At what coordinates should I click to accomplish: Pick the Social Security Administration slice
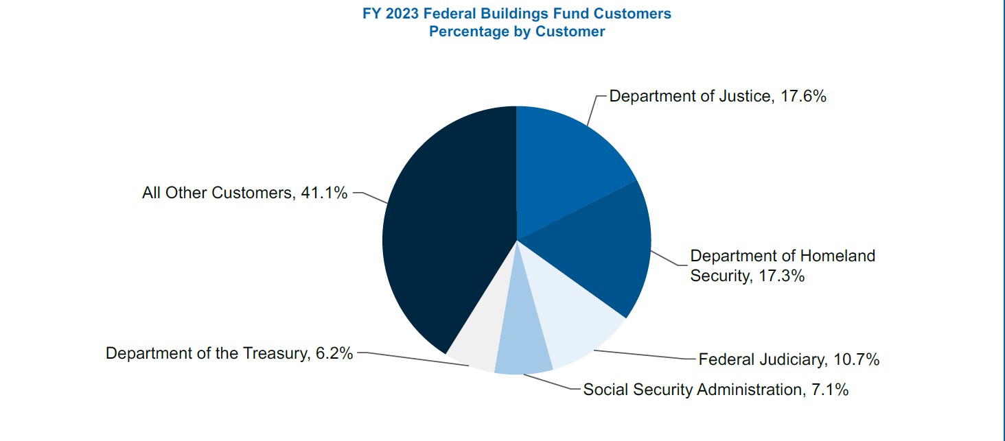point(523,350)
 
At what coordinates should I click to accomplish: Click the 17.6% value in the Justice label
point(802,96)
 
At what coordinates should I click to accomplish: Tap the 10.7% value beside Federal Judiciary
point(856,359)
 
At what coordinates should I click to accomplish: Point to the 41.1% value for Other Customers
point(324,193)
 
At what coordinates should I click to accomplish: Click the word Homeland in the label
point(838,257)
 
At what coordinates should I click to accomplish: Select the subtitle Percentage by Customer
point(517,32)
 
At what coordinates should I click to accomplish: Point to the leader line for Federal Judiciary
point(645,355)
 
